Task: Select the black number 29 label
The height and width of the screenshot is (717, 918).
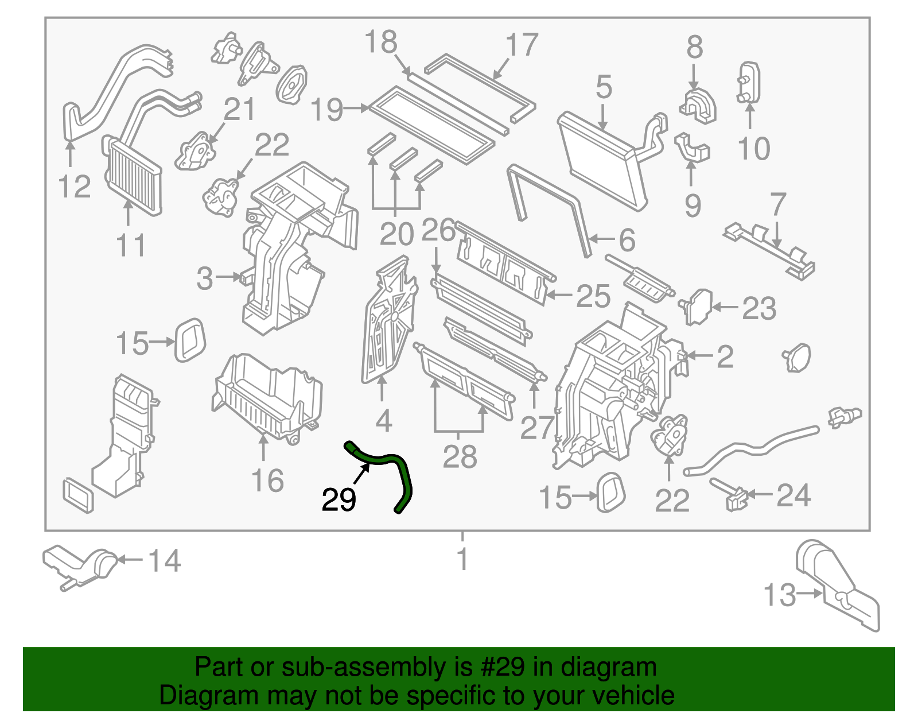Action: (x=339, y=500)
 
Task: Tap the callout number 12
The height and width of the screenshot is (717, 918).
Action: (x=75, y=187)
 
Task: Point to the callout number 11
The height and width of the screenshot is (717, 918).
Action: (x=131, y=246)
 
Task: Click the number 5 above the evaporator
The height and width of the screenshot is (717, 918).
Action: (x=604, y=87)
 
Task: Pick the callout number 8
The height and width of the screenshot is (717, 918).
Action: (x=694, y=48)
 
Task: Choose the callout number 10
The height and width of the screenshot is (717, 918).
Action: (x=753, y=149)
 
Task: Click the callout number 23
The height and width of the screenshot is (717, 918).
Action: (x=759, y=308)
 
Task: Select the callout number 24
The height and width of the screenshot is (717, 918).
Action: (x=793, y=495)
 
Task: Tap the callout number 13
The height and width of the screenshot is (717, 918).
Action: (x=780, y=595)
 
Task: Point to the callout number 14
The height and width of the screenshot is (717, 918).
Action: (x=165, y=561)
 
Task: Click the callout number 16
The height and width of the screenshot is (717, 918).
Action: (x=267, y=481)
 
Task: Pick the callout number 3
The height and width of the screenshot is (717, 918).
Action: (x=205, y=279)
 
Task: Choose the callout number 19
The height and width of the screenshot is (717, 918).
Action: (x=327, y=110)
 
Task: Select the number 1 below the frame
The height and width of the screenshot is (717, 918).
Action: (x=462, y=559)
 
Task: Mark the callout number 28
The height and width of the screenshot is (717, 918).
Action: (x=460, y=457)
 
